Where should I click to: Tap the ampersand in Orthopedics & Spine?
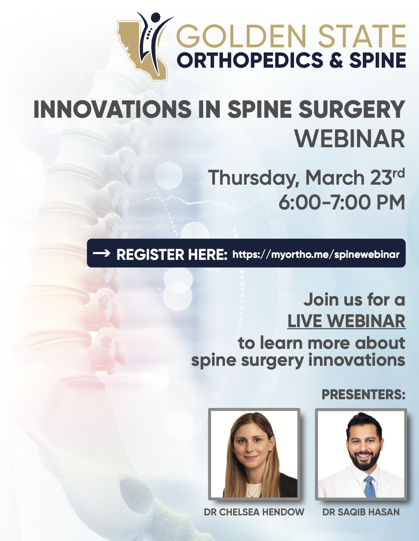click(336, 60)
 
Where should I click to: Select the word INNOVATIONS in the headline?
click(112, 109)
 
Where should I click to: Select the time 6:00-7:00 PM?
click(342, 202)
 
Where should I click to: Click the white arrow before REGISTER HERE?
click(102, 254)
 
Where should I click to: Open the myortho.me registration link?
click(316, 254)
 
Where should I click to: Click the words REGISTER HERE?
click(172, 254)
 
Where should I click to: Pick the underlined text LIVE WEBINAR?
click(346, 321)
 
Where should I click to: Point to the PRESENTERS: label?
click(363, 395)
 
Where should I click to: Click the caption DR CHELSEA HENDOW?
click(254, 512)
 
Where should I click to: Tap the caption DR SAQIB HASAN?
click(361, 512)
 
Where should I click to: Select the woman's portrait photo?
click(254, 454)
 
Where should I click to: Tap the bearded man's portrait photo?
click(361, 454)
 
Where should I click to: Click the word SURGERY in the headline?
click(352, 109)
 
